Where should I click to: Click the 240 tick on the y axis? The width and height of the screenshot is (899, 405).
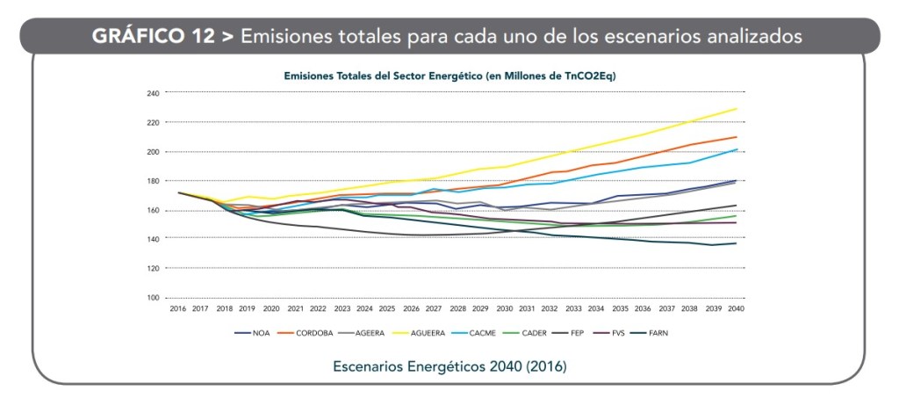pos(154,92)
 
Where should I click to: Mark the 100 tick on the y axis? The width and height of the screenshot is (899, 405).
pos(154,298)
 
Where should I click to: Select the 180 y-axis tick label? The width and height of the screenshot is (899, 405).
pos(154,181)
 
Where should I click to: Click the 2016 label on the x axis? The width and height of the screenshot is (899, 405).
pos(178,309)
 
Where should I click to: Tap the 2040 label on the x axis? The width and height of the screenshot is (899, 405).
pos(736,309)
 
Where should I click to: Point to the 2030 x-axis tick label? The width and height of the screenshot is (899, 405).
pos(504,309)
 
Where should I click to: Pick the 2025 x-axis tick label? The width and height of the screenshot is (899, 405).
pos(387,309)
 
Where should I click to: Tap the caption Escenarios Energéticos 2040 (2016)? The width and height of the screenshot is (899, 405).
pos(449,365)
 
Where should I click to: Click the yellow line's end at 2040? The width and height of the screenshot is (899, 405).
pos(736,109)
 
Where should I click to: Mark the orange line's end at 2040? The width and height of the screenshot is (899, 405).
pos(736,137)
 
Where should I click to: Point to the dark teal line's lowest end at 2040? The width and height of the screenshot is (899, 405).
pos(736,243)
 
